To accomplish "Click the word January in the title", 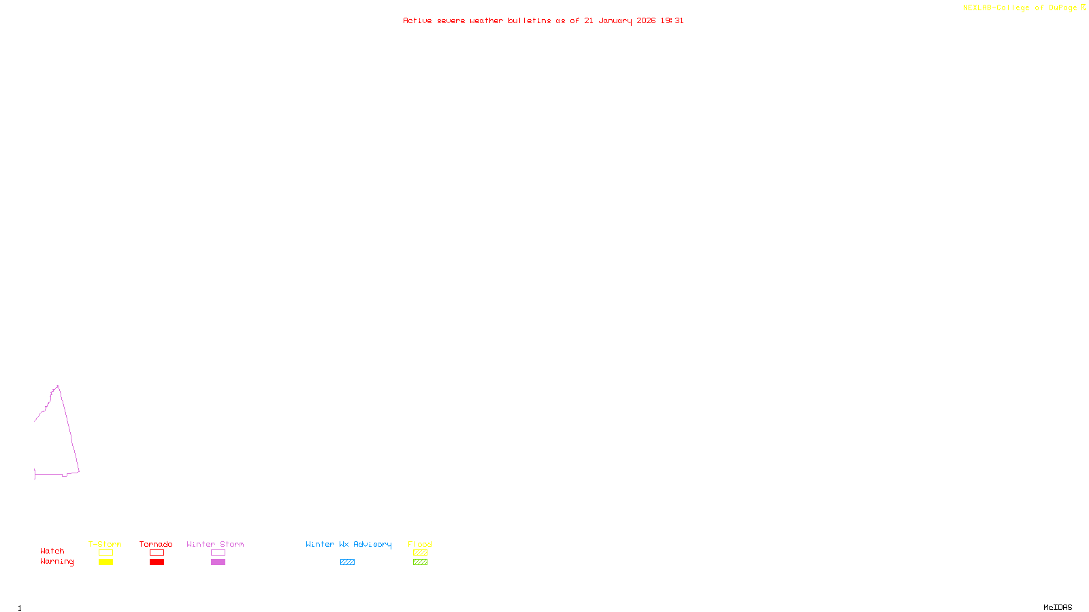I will point(615,21).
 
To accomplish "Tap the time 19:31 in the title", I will point(672,21).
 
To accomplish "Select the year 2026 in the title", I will point(646,21).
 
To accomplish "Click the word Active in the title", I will point(417,21).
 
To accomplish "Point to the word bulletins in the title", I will point(529,21).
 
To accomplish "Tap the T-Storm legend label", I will point(105,544).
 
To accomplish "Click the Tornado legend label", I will point(156,544).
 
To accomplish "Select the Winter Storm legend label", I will point(215,544).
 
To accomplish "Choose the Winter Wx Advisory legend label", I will point(348,544).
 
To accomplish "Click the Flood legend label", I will point(420,544).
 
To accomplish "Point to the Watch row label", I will point(52,551).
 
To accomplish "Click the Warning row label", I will point(57,562).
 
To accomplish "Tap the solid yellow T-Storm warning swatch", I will point(105,562).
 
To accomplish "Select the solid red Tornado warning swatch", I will point(157,562).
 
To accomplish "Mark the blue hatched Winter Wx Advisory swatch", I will point(347,562).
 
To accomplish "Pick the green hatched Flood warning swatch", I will point(420,562).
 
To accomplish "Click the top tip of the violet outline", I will point(58,386).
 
